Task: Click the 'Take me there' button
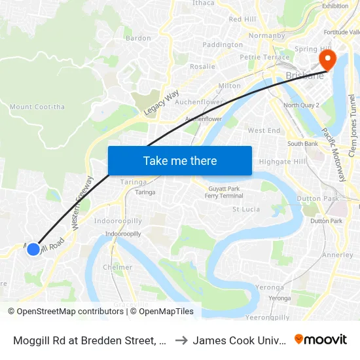179,161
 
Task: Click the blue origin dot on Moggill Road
33,249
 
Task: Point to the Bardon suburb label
138,39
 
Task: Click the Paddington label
223,45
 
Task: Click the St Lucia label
246,209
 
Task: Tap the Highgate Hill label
282,162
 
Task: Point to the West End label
264,131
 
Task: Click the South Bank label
302,144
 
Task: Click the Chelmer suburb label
118,267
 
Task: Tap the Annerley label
338,255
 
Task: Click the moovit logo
321,340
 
